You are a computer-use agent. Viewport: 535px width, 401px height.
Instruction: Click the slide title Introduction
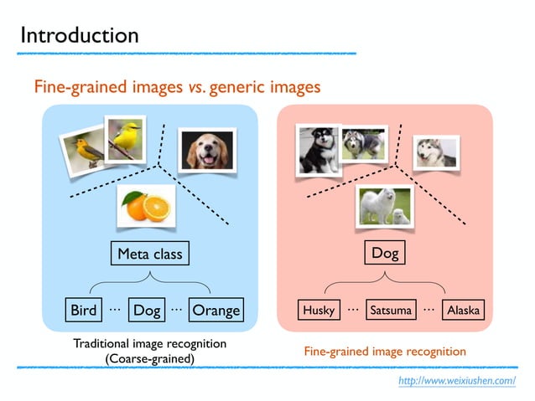click(80, 35)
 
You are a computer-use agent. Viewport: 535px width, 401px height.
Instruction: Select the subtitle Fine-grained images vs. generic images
click(177, 86)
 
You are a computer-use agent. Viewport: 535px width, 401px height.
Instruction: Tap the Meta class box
click(149, 253)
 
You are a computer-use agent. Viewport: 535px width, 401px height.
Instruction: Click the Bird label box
click(83, 311)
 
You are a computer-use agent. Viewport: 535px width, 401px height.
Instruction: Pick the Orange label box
click(216, 311)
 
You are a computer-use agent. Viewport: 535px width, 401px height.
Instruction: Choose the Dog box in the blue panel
click(147, 311)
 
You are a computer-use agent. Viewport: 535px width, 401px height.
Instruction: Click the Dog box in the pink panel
click(384, 252)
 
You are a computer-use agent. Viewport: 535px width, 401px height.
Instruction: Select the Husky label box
click(319, 311)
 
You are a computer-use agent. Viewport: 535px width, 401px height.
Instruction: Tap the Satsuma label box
click(391, 311)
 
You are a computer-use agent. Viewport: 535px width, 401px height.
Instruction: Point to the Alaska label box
click(464, 311)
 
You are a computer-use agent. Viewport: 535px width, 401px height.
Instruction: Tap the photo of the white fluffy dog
click(382, 205)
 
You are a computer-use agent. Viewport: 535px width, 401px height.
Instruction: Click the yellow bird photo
click(127, 136)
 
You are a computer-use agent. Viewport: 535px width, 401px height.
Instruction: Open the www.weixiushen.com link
click(457, 381)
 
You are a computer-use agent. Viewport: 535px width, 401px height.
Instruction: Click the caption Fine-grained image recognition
click(384, 351)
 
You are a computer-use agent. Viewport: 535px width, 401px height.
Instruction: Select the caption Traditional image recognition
click(149, 344)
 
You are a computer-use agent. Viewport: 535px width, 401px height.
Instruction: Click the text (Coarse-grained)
click(149, 359)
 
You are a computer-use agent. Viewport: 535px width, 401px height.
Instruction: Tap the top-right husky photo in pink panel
click(436, 152)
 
